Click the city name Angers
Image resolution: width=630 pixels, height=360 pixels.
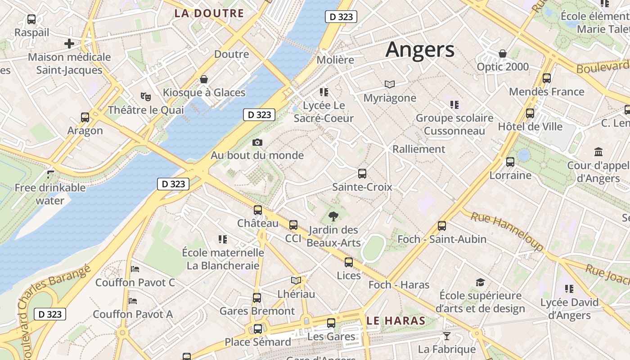coord(420,49)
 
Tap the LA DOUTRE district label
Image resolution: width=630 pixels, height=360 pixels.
coord(209,13)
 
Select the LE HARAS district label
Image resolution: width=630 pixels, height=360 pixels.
coord(396,320)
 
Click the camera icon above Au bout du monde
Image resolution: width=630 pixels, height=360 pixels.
coord(257,143)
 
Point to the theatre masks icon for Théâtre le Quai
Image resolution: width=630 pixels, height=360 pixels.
coord(145,96)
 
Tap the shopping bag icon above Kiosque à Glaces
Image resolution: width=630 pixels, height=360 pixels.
coord(204,80)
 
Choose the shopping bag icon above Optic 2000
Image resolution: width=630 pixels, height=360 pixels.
coord(503,54)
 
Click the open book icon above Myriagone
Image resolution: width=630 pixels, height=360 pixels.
coord(390,84)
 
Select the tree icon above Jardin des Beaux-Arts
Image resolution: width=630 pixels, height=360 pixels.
coord(333,216)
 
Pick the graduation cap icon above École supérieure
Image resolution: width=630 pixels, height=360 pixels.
coord(480,283)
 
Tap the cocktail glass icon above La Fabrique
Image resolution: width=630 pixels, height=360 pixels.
coord(446,336)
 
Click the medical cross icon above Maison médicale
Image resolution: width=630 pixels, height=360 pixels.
coord(69,44)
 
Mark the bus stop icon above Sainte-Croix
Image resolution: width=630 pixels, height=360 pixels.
coord(362,173)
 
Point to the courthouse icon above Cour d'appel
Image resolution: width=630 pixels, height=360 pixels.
coord(598,152)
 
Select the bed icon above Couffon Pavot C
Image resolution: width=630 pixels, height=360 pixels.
coord(135,269)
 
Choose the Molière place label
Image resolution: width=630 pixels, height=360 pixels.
coord(335,60)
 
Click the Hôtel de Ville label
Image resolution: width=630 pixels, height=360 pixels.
coord(530,126)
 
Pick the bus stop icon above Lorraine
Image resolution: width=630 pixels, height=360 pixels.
coord(510,162)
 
